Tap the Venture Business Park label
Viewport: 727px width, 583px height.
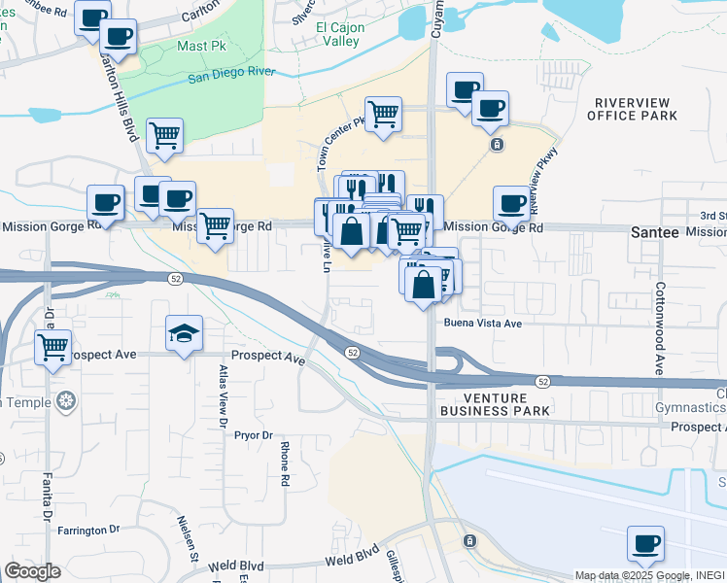coord(496,405)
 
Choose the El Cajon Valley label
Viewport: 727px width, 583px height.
coord(340,35)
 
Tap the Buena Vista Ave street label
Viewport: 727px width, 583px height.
coord(483,323)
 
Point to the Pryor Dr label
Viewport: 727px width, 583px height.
coord(254,435)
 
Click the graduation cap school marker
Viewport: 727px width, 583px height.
coord(184,333)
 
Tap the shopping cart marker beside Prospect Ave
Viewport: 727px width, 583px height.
coord(53,346)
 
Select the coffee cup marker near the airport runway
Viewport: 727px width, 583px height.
coord(645,543)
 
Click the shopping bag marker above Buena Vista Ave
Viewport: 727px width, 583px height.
coord(423,285)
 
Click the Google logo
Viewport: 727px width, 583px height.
coord(32,571)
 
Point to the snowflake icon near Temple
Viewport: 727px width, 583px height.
coord(65,400)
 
